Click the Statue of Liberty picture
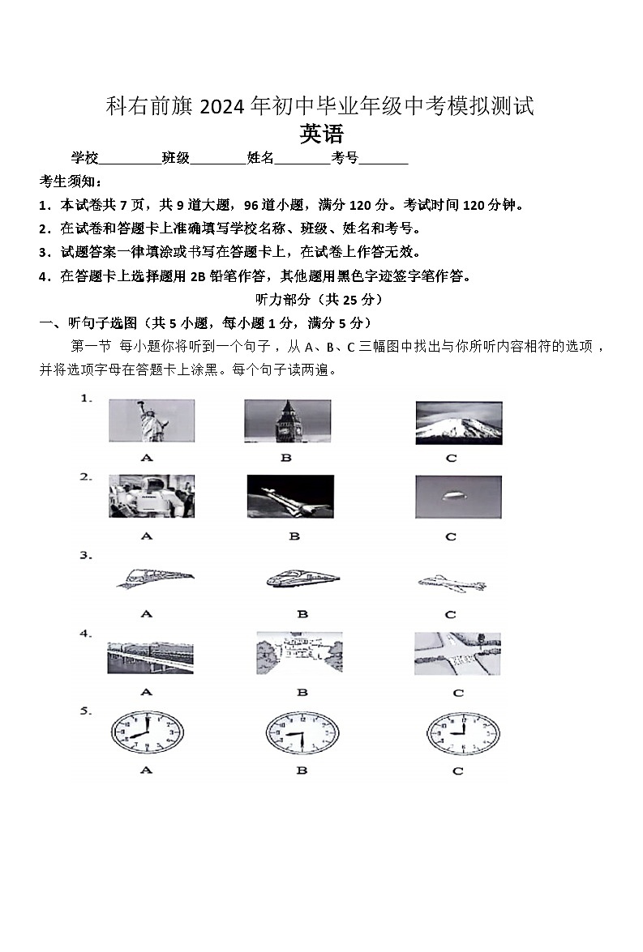(152, 421)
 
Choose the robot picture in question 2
(152, 496)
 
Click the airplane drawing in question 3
(451, 583)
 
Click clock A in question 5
(147, 734)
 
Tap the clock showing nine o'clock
(458, 734)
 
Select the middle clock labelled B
(302, 734)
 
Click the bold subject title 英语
(322, 134)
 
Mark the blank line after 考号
(384, 159)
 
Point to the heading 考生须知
(71, 181)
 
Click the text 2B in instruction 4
(198, 276)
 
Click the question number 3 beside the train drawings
(84, 556)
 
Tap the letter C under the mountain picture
(452, 458)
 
